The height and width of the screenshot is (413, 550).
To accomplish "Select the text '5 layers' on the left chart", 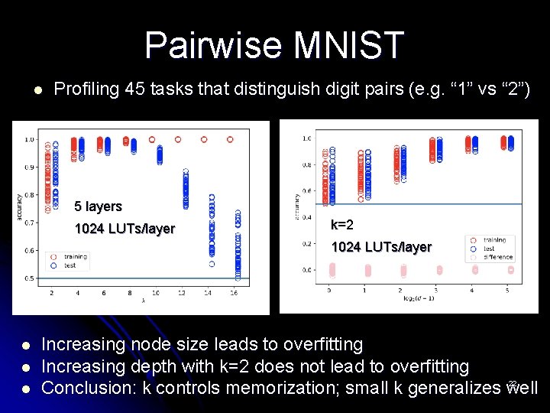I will coord(98,206).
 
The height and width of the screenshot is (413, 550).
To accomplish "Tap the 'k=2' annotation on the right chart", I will coord(341,225).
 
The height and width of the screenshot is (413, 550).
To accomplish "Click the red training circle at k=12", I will coord(178,140).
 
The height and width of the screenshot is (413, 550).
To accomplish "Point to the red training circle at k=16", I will coord(230,140).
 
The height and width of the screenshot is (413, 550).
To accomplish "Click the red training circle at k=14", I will coord(204,140).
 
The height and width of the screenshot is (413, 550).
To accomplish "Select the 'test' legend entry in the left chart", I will coord(69,265).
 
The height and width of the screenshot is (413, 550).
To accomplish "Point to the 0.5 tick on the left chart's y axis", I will coord(28,278).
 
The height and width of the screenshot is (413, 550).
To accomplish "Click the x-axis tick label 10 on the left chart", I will coord(156,293).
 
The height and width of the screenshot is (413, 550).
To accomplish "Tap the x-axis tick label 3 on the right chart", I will coord(437,291).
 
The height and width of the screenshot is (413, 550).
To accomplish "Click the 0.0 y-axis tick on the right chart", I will coord(306,270).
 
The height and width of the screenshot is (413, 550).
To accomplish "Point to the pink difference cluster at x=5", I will coord(510,269).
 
